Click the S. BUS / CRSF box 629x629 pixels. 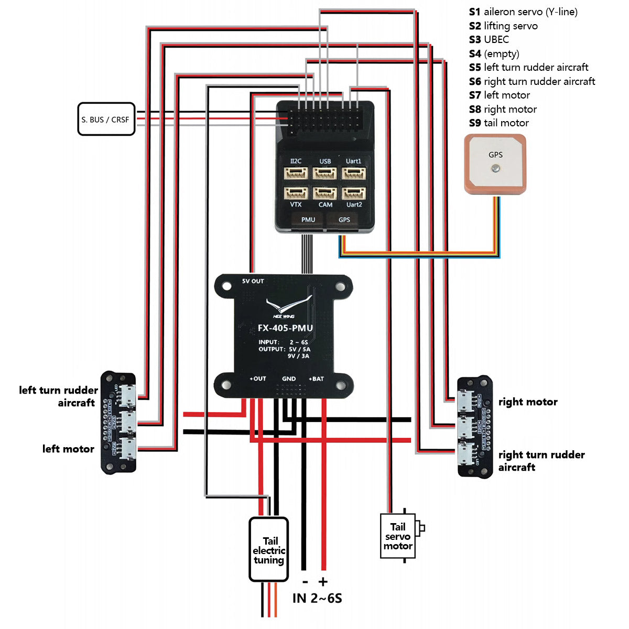(x=106, y=119)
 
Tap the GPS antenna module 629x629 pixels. (x=495, y=165)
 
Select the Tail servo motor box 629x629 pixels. (x=398, y=536)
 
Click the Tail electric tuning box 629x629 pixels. (x=269, y=550)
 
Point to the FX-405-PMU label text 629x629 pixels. (x=285, y=328)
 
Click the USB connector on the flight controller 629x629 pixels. (x=324, y=173)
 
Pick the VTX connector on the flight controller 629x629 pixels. (x=296, y=192)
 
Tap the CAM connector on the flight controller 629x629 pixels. (x=325, y=192)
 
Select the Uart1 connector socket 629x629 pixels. (x=354, y=173)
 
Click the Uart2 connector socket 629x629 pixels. (x=354, y=192)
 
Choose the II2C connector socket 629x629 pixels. (x=296, y=173)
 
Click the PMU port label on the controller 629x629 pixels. (x=308, y=220)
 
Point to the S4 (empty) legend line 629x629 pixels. (x=494, y=53)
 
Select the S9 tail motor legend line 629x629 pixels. (x=498, y=123)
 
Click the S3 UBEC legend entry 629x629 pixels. (x=489, y=39)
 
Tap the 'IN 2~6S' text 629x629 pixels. (x=317, y=598)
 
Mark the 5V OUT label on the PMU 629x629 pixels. (x=253, y=281)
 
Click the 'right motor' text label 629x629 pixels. (x=528, y=402)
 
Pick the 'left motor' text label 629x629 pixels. (x=68, y=449)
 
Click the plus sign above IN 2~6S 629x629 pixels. (x=323, y=581)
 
